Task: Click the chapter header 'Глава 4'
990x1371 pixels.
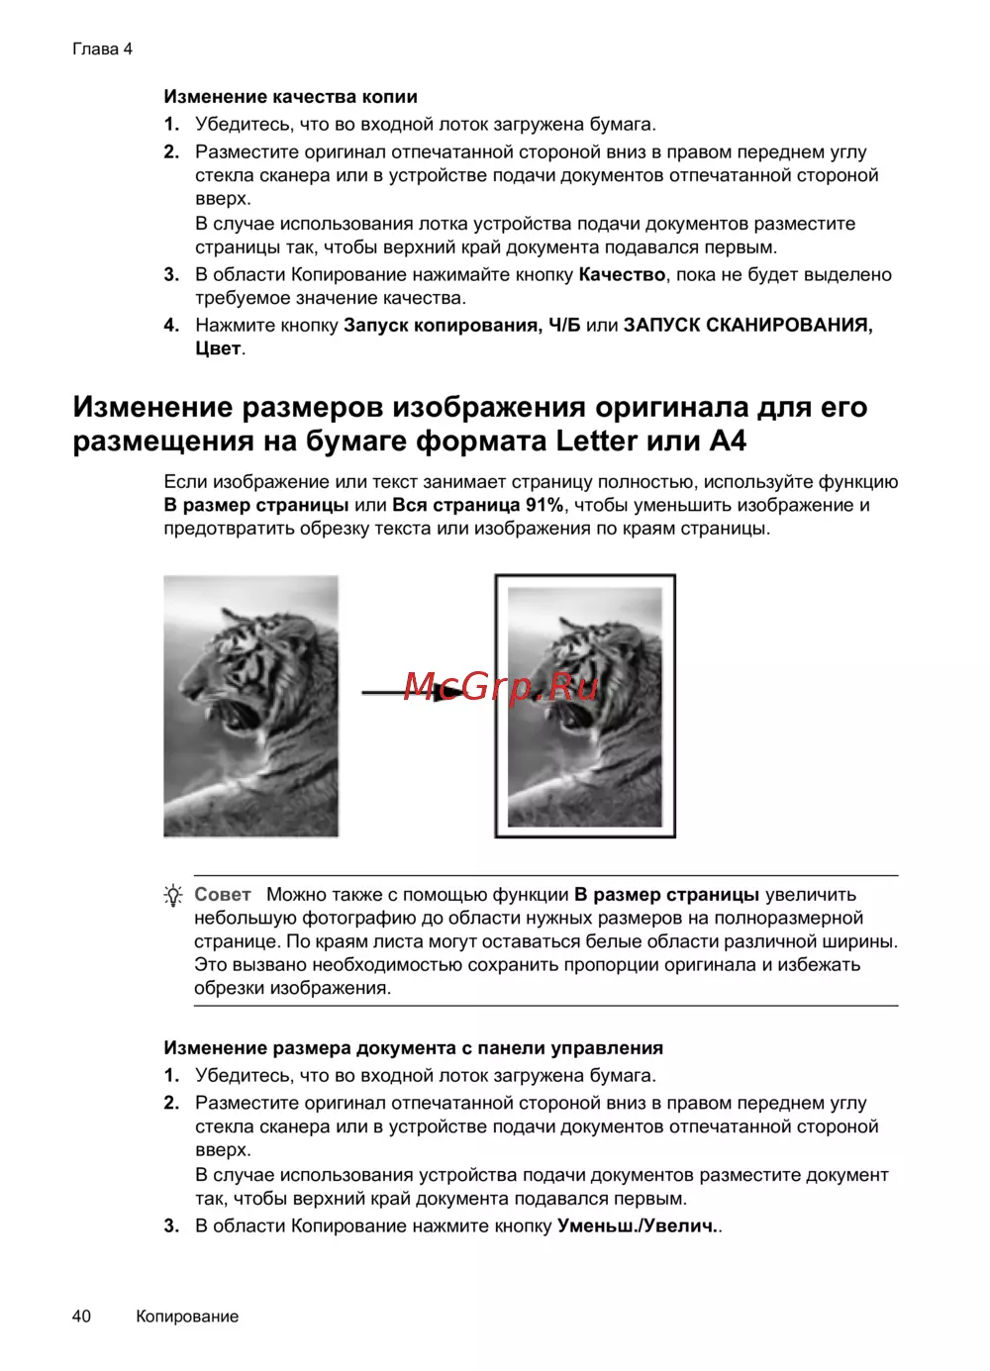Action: click(x=102, y=49)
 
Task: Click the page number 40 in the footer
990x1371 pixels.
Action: click(x=81, y=1316)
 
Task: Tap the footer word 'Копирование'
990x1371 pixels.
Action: click(x=187, y=1317)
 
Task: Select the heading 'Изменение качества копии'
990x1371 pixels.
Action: click(x=290, y=97)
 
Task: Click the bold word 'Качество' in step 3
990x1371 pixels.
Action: click(x=622, y=275)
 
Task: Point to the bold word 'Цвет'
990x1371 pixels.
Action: click(x=218, y=348)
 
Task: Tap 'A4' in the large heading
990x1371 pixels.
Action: click(x=728, y=441)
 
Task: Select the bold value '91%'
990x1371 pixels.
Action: click(x=544, y=505)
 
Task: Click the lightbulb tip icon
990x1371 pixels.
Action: click(x=173, y=896)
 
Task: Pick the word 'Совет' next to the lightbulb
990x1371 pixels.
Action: click(x=223, y=895)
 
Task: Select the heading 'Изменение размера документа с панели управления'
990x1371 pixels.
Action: click(x=413, y=1048)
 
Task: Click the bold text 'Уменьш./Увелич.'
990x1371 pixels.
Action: click(x=637, y=1226)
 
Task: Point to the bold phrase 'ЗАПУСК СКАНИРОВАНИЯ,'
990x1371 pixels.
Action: click(x=747, y=326)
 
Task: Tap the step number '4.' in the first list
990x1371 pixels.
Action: click(x=171, y=326)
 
